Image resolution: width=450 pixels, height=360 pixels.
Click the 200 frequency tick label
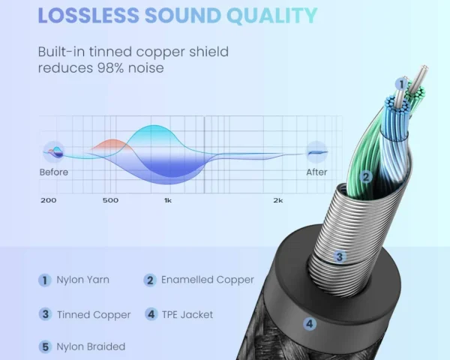(x=48, y=201)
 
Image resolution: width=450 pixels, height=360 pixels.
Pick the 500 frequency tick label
(x=110, y=201)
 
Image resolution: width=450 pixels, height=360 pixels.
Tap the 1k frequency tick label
(x=168, y=201)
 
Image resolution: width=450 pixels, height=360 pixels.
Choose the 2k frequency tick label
(x=277, y=201)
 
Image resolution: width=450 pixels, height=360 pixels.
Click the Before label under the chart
(x=54, y=172)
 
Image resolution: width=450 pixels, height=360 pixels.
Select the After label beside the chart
(x=316, y=172)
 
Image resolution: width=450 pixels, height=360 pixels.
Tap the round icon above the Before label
(x=54, y=151)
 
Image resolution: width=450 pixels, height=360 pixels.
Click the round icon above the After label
(x=316, y=151)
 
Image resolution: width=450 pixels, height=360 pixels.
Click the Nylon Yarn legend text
(x=82, y=280)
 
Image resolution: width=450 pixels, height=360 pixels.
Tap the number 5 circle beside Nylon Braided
(x=45, y=346)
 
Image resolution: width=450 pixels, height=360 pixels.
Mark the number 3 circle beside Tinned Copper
(x=45, y=314)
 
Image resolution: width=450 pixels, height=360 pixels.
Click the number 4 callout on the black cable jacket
(x=310, y=324)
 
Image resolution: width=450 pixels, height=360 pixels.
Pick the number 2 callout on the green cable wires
(x=366, y=178)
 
